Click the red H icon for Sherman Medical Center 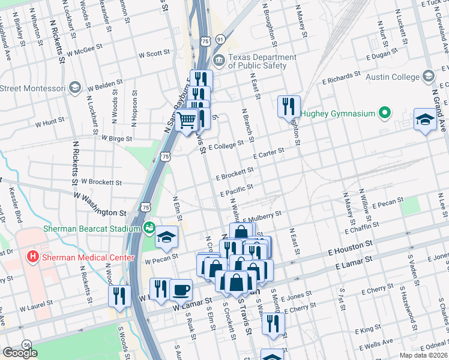(33, 257)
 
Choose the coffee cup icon (181, 289)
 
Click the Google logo (20, 353)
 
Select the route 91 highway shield (221, 39)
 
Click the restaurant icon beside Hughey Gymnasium (289, 106)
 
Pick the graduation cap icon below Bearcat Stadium (167, 237)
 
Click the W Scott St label (154, 53)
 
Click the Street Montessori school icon (75, 88)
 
